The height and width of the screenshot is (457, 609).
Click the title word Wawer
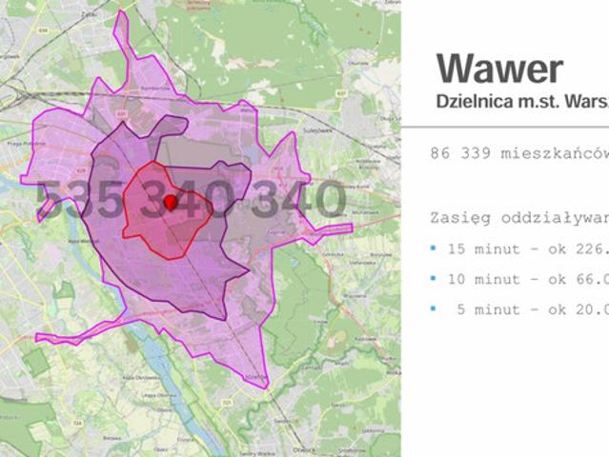point(499,69)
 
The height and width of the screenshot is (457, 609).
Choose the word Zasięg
point(461,217)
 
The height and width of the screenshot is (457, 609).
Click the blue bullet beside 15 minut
point(433,248)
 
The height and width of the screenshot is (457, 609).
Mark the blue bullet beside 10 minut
point(433,278)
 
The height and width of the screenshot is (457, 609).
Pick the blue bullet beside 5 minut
point(433,308)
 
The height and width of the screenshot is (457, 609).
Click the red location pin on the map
point(171,202)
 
